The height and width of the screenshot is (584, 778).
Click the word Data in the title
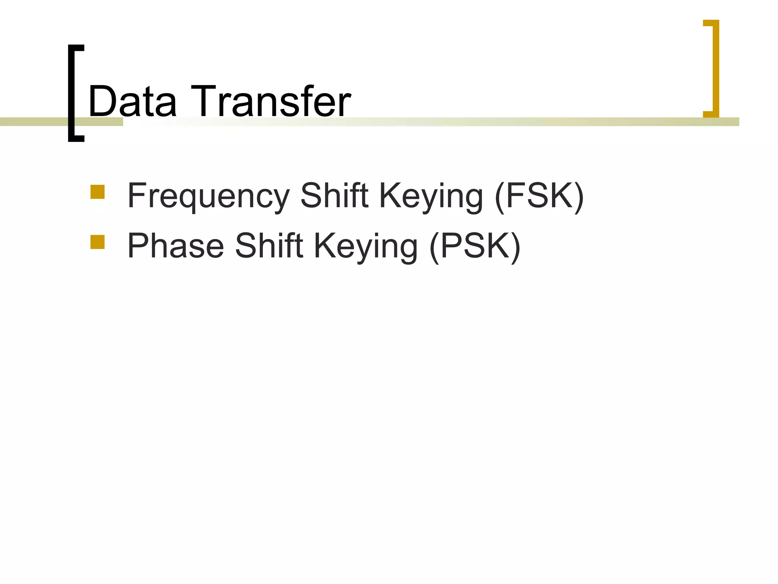(132, 102)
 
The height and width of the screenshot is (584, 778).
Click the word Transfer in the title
(270, 102)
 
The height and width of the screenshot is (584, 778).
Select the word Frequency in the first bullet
(208, 197)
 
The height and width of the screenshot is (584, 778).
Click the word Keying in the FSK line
(431, 197)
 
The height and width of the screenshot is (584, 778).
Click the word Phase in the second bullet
(176, 246)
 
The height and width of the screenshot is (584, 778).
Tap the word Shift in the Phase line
(269, 246)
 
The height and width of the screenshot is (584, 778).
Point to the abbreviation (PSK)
(475, 246)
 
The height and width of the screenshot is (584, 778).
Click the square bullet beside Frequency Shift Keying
(98, 192)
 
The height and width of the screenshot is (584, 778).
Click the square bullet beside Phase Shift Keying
(98, 242)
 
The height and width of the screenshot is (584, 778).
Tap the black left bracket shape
(71, 93)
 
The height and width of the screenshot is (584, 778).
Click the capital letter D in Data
(101, 102)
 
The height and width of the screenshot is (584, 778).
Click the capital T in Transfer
(206, 102)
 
